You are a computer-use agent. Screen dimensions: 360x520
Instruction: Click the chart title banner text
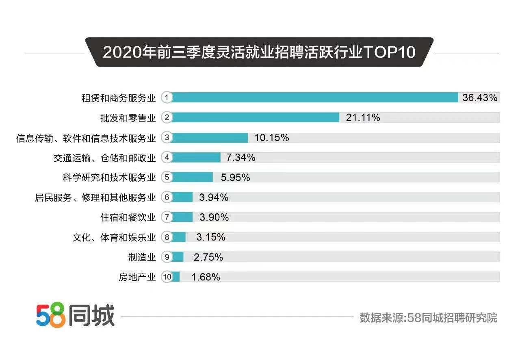coord(259,52)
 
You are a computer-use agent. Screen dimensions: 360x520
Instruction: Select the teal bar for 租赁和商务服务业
coord(315,98)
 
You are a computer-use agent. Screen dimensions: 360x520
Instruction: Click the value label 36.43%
coord(480,98)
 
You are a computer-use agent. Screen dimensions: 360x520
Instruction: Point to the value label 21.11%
coord(363,117)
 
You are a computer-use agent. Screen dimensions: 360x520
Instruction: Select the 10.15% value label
coord(271,137)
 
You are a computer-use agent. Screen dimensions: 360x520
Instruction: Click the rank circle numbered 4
coord(167,157)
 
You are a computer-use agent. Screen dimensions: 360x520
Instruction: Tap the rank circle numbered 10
coord(167,277)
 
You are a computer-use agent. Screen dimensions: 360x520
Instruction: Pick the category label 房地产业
coord(137,277)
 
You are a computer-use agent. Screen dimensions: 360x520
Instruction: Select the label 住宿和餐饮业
coord(128,217)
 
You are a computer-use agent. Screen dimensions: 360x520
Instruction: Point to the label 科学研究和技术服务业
coord(108,178)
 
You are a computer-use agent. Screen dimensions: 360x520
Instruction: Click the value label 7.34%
coord(240,157)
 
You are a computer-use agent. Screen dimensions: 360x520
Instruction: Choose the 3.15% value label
coord(210,237)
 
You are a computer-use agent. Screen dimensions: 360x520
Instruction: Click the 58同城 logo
coord(75,315)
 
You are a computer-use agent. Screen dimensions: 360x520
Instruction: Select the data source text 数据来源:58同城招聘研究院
coord(428,317)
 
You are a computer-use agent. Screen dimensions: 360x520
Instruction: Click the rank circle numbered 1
coord(167,98)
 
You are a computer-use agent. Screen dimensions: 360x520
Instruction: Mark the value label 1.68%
coord(206,277)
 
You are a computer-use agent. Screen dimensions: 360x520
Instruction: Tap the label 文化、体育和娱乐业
coord(114,237)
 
